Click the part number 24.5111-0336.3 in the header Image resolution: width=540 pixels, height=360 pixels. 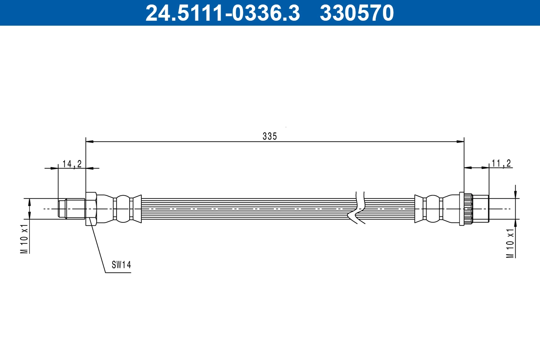222,13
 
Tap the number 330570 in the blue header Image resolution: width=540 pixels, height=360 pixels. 356,13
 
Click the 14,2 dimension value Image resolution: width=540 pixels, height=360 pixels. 72,163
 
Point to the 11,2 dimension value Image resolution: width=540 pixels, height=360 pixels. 501,163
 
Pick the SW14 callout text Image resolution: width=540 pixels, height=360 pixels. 121,265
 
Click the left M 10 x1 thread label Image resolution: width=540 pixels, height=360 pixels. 24,238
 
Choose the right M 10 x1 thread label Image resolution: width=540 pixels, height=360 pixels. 510,243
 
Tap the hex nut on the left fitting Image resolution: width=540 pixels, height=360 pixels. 90,209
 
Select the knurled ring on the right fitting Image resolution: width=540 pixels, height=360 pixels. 466,209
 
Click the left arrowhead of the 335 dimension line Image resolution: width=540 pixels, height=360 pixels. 89,142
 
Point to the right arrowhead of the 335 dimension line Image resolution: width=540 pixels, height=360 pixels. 461,142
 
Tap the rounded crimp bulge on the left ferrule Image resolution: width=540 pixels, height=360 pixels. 122,209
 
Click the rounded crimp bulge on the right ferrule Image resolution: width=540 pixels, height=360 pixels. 432,209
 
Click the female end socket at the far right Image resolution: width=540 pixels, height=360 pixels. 481,209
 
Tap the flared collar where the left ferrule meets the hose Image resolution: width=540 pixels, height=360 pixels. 138,209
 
